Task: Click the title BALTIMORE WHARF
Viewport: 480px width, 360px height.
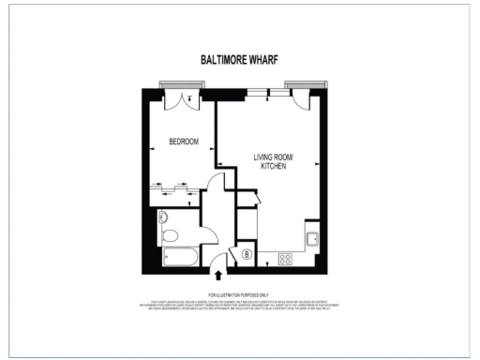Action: [x=239, y=59]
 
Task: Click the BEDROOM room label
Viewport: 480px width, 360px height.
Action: [x=184, y=142]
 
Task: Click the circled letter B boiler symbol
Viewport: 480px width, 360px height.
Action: [x=247, y=253]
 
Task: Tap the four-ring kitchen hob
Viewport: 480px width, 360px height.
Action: [x=286, y=258]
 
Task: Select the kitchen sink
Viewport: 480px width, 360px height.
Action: [x=313, y=238]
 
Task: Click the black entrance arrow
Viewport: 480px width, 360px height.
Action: [x=219, y=276]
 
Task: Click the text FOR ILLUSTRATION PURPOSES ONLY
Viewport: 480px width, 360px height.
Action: [x=239, y=294]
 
